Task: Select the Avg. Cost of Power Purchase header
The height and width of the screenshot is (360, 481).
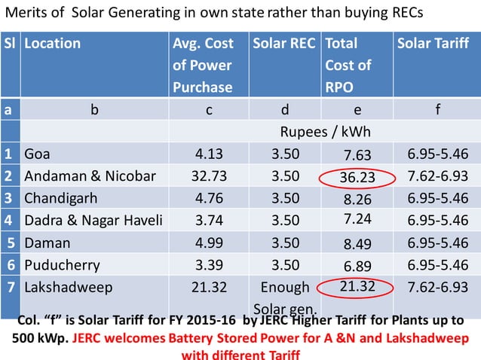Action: (x=204, y=65)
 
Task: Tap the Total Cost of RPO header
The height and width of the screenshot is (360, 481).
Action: (x=348, y=65)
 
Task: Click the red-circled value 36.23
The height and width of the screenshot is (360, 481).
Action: (x=357, y=178)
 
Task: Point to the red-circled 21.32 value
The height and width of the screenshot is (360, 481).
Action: (x=357, y=287)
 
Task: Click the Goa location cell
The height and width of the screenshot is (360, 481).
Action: (x=36, y=154)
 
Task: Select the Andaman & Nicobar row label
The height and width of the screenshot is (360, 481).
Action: (x=90, y=176)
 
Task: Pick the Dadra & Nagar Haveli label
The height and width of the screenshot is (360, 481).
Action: (x=92, y=221)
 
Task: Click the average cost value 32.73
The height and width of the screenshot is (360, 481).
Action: (x=209, y=176)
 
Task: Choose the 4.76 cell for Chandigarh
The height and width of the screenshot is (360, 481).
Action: (x=209, y=199)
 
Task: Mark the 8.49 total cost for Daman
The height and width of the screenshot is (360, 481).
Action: (x=357, y=244)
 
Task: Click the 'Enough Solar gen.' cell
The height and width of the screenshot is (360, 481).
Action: (x=284, y=298)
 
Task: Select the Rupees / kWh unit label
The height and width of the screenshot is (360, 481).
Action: (x=324, y=132)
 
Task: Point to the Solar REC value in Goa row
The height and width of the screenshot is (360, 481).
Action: (x=284, y=154)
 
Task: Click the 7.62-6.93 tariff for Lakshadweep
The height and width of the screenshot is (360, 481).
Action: (x=437, y=287)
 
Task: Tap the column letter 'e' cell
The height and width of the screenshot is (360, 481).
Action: (x=357, y=109)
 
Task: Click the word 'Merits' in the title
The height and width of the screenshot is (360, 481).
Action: (x=29, y=13)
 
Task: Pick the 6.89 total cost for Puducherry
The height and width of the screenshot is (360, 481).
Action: (x=357, y=267)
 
